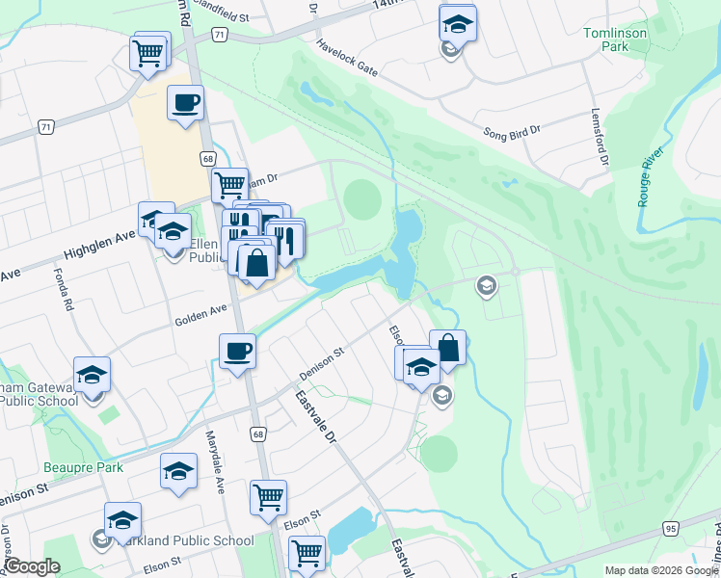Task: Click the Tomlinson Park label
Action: tap(615, 39)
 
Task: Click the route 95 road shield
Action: tap(671, 529)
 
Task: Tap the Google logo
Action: tap(32, 566)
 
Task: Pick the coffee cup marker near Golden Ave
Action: tap(237, 352)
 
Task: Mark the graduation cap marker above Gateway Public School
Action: tap(92, 376)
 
